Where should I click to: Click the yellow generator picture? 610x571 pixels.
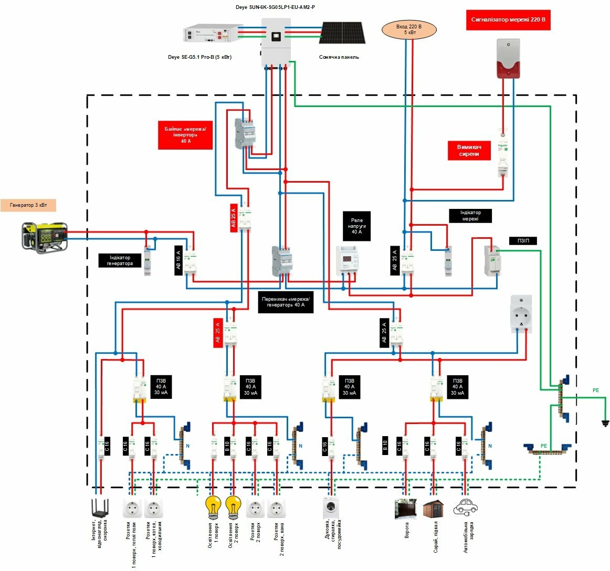point(45,237)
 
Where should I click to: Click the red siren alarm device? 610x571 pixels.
point(508,58)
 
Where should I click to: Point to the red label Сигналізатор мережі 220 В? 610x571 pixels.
point(508,20)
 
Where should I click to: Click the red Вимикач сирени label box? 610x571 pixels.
point(469,151)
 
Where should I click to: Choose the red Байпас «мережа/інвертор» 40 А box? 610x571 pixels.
point(185,135)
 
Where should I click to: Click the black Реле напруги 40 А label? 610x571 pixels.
point(357,226)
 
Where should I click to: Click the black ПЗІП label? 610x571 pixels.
point(523,241)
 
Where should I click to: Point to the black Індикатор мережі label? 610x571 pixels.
point(470,216)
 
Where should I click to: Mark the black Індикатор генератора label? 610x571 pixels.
point(120,261)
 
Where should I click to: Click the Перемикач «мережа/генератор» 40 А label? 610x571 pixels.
point(286,302)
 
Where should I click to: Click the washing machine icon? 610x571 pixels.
point(331,507)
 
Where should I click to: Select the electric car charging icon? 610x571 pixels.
point(465,507)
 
